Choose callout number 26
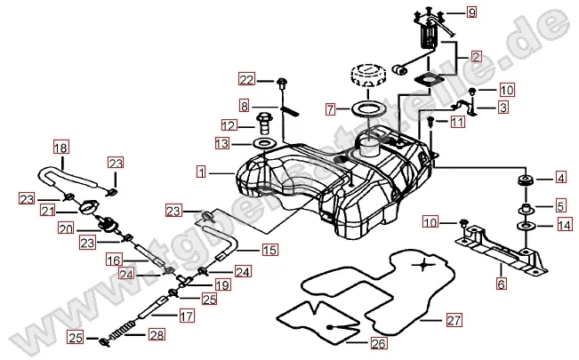click(x=378, y=342)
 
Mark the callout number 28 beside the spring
click(x=157, y=335)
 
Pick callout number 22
click(x=246, y=81)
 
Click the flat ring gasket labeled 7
click(x=364, y=110)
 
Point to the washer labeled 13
click(x=265, y=143)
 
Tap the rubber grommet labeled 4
click(x=524, y=182)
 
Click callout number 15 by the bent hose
click(x=269, y=250)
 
